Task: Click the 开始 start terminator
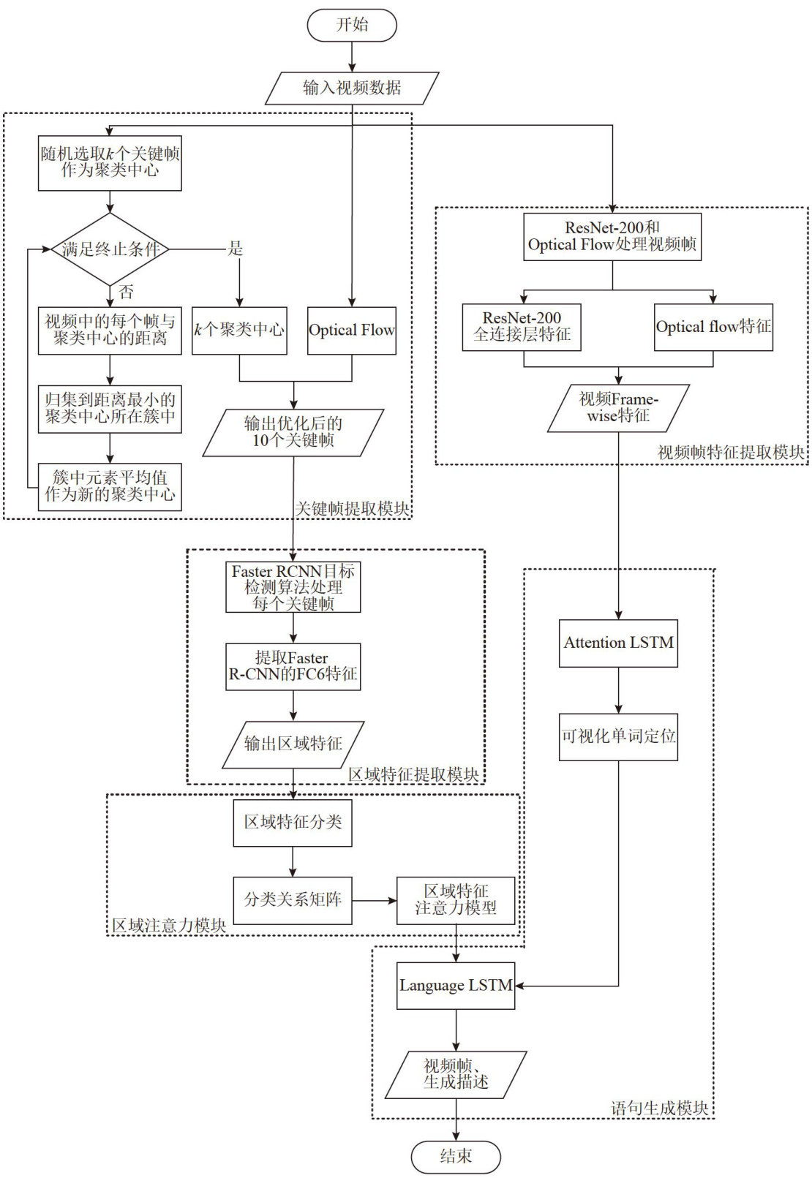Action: coord(352,25)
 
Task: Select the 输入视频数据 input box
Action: coord(352,88)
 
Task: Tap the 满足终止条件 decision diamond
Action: coord(110,249)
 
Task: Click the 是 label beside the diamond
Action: coord(235,249)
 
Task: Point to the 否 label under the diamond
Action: coord(127,292)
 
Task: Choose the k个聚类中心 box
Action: coord(239,331)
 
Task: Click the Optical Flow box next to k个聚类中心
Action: coord(351,331)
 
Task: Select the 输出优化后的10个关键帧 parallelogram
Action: coord(293,432)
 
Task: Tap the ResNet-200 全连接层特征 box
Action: coord(522,327)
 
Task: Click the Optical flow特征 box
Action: coord(713,327)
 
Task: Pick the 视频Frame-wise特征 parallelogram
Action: coord(619,408)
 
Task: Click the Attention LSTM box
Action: coord(618,643)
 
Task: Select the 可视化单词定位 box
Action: coord(618,737)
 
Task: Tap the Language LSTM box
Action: coord(456,986)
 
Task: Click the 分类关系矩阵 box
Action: coord(293,900)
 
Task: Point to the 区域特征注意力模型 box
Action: coord(456,900)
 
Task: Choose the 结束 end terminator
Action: coord(456,1157)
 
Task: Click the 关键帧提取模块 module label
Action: coord(353,509)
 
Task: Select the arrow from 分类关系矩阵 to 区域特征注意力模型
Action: coord(374,900)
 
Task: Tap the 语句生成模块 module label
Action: coord(660,1109)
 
